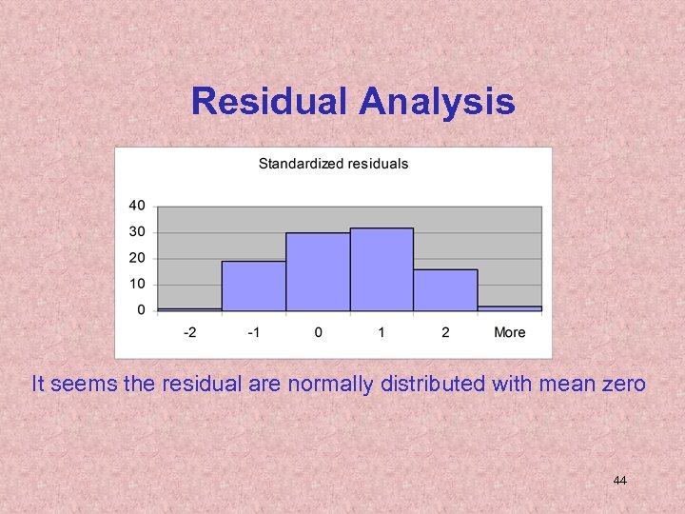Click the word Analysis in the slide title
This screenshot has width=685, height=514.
pos(437,101)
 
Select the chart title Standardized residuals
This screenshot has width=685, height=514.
pos(333,164)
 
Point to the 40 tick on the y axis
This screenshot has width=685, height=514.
pos(137,206)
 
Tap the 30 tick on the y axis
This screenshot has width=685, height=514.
pos(137,231)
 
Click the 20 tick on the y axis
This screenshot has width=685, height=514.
pos(137,258)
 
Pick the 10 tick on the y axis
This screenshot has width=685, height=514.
pos(137,284)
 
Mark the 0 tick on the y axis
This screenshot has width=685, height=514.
pos(141,310)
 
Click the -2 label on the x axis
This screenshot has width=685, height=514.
pos(189,332)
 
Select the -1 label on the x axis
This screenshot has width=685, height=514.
pos(253,332)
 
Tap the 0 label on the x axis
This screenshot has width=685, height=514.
pos(318,332)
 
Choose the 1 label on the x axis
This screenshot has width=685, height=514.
pos(382,332)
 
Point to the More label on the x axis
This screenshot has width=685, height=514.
pos(509,332)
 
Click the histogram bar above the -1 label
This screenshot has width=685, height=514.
pos(253,286)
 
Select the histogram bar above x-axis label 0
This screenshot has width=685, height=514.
pos(318,272)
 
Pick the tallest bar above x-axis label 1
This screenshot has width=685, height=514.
pos(382,269)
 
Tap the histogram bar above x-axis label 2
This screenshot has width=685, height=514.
pos(445,290)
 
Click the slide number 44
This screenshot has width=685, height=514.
pos(619,481)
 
